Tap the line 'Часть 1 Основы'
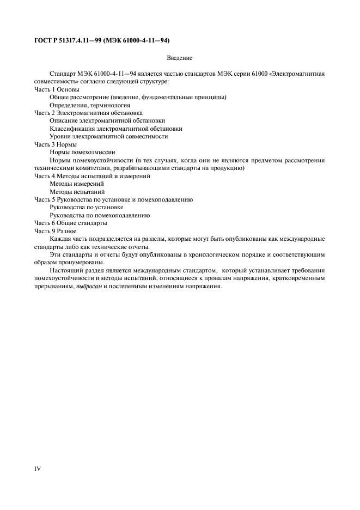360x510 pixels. [x=57, y=89]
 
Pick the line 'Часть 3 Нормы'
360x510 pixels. [x=55, y=144]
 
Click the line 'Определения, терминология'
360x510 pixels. [x=90, y=105]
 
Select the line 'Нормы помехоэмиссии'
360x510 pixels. [x=82, y=152]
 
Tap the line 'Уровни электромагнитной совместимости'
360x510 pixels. [x=108, y=136]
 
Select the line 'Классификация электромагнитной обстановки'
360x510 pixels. [x=115, y=129]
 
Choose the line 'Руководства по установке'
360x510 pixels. [x=86, y=207]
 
